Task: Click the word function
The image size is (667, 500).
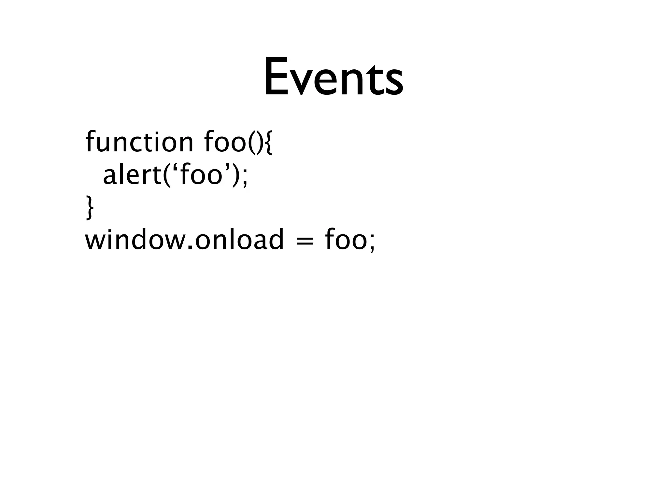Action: pos(139,142)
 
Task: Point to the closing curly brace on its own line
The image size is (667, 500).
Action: pos(89,208)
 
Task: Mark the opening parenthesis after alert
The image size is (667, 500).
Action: pos(166,176)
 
